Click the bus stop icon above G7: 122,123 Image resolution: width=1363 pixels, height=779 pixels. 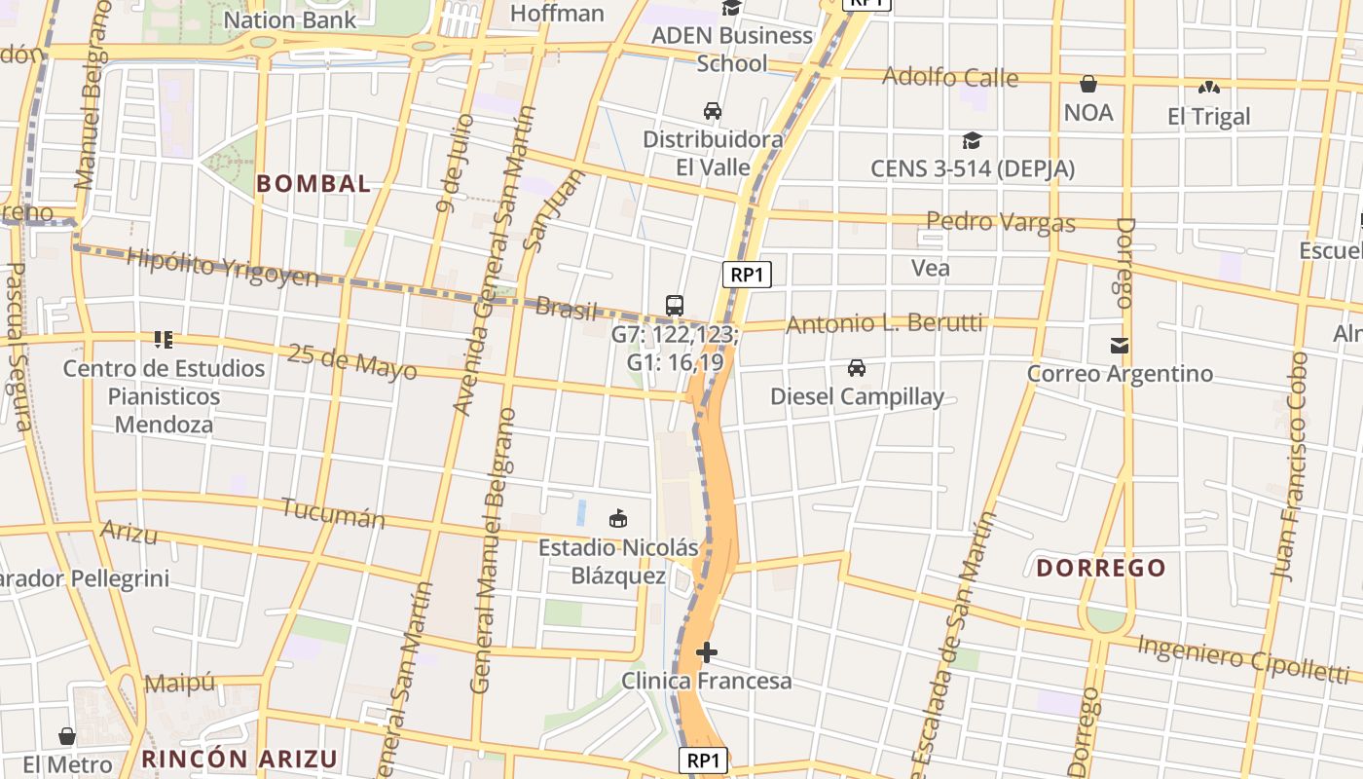[x=675, y=305]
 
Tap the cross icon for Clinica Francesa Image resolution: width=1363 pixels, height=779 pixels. [x=707, y=651]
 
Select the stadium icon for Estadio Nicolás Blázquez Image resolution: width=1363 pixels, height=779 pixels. [x=618, y=518]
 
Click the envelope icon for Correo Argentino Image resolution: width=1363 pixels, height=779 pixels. [x=1120, y=345]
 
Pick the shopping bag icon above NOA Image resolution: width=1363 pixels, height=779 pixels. [x=1087, y=84]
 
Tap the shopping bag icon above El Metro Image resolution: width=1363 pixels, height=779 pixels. [x=67, y=735]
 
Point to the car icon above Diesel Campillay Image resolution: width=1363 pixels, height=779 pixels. [x=857, y=367]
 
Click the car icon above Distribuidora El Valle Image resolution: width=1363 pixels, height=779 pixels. [x=713, y=110]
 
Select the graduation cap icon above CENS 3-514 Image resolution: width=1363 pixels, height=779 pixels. [x=972, y=140]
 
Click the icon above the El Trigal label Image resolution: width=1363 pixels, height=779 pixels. [x=1208, y=88]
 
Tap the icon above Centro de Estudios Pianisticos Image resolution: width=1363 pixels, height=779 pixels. [x=164, y=340]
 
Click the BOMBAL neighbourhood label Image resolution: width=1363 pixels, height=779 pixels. [x=313, y=183]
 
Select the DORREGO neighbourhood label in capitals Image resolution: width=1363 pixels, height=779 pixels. [x=1100, y=568]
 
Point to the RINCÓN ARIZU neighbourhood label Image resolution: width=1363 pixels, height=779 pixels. [x=239, y=759]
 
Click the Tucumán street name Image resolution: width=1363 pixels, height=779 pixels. [x=333, y=512]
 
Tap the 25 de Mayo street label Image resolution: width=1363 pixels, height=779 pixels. [x=351, y=361]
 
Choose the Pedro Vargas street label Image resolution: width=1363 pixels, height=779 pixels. [x=1000, y=221]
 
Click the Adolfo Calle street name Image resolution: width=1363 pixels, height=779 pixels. [x=949, y=77]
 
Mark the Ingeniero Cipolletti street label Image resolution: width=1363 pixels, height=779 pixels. [x=1242, y=657]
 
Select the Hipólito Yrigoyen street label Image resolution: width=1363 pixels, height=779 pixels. [x=222, y=266]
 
